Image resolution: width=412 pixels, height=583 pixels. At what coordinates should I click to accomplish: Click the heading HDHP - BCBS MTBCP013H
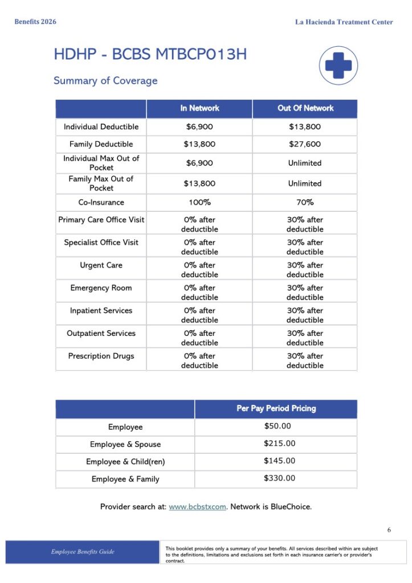150,55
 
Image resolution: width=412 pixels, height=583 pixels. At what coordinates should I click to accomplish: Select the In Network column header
199,108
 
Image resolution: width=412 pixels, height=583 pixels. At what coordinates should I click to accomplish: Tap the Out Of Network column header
305,108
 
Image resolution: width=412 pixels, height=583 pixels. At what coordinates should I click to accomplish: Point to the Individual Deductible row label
101,127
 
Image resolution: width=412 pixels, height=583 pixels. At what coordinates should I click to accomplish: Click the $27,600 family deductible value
305,145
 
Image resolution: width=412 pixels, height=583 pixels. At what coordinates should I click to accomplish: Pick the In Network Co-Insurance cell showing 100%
199,203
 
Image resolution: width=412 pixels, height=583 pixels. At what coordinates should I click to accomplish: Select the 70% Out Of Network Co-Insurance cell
305,203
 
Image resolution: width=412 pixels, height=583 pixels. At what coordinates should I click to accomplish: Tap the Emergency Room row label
101,288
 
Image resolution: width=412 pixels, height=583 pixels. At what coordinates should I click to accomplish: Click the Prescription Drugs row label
101,356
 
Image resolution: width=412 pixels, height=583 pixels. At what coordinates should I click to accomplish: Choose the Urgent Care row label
101,265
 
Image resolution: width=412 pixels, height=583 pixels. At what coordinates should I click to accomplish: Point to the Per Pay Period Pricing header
276,409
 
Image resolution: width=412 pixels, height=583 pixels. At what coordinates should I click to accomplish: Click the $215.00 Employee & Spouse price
280,444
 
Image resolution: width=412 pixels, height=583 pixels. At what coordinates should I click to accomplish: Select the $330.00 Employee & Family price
280,478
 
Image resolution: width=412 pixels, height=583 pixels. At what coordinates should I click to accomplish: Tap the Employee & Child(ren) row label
125,462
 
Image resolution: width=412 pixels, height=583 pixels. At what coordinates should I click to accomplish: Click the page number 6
389,530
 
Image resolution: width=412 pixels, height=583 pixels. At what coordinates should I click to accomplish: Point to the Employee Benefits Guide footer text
82,552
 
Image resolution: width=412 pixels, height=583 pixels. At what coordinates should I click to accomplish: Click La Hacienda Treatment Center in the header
344,22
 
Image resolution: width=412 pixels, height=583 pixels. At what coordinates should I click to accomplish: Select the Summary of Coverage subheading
105,81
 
